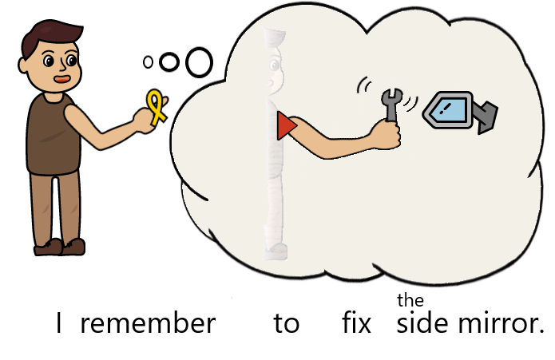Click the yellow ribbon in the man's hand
coord(157,107)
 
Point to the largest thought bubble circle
coord(200,61)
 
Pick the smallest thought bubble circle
coord(148,61)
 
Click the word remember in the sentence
coord(148,324)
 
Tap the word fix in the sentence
coord(356,324)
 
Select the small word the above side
coord(410,301)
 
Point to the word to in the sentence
coord(286,325)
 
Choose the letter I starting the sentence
coord(59,324)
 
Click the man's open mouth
coord(61,79)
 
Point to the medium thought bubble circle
coord(169,61)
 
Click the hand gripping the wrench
coord(387,136)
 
